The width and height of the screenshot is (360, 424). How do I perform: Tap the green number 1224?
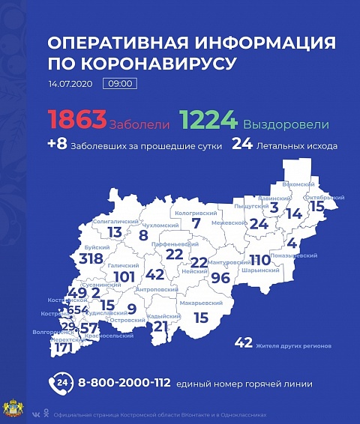[208, 121]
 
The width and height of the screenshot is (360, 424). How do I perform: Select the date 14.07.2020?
[70, 83]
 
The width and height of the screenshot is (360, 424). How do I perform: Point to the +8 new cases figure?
[57, 145]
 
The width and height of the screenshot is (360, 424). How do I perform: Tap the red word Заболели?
[132, 124]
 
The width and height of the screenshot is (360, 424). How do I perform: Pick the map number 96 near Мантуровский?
[220, 276]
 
